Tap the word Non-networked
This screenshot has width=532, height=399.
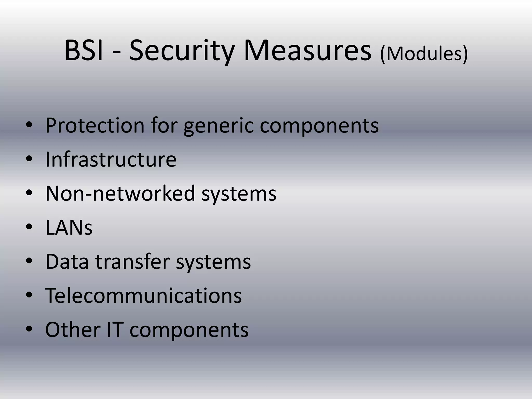click(x=120, y=193)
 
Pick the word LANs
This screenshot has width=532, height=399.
click(x=69, y=228)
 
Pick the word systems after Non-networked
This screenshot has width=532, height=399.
click(x=239, y=194)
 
